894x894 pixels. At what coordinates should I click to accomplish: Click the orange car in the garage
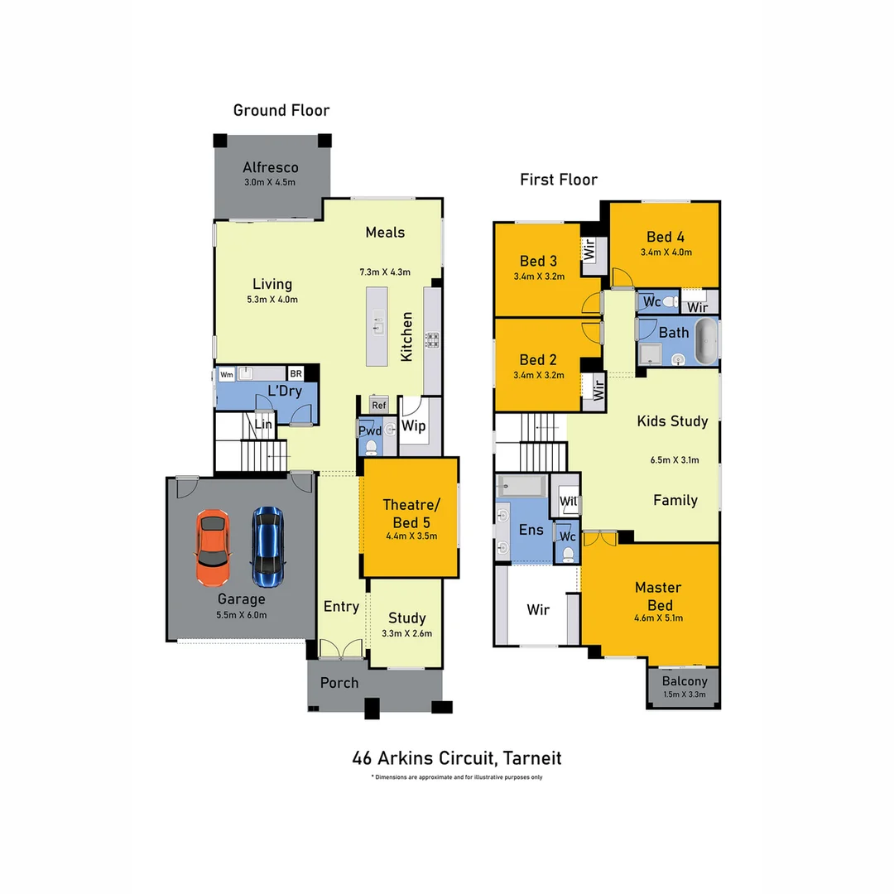pos(214,546)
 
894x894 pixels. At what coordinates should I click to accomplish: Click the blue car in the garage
pos(267,544)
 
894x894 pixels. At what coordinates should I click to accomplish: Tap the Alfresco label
pos(270,168)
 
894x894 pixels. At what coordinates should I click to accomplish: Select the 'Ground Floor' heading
pos(281,110)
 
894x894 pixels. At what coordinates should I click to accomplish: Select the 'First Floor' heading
pos(558,180)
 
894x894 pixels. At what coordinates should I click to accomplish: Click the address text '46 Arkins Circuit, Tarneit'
pos(456,757)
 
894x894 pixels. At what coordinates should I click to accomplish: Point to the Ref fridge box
pos(378,405)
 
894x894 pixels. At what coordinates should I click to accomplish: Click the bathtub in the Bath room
pos(705,343)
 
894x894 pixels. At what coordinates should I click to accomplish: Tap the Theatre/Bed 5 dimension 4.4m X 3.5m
pos(411,536)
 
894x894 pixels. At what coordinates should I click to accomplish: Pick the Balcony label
pos(684,681)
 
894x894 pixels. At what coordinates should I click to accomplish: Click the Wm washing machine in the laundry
pos(226,374)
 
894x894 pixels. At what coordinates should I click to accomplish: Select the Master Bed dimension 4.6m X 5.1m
pos(658,618)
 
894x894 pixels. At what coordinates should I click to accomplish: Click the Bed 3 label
pos(537,262)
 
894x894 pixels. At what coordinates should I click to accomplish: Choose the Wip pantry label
pos(413,426)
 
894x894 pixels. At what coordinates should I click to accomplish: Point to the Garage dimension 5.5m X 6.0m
pos(241,615)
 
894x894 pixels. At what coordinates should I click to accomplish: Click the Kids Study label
pos(672,421)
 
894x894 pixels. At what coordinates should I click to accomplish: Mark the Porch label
pos(339,683)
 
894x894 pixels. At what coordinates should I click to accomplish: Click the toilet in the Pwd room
pos(370,447)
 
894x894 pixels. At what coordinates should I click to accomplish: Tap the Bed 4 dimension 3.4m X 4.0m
pos(666,252)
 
